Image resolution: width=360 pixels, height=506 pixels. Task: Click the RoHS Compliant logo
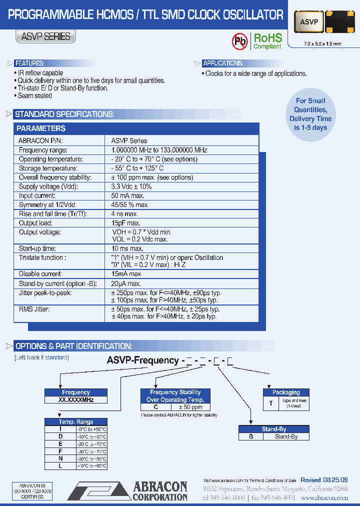pos(267,41)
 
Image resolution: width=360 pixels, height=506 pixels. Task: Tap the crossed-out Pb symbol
pos(240,42)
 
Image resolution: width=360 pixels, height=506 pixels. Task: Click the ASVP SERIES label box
pos(46,36)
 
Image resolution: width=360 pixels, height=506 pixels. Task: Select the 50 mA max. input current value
pos(127,195)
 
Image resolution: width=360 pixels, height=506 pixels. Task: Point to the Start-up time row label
pos(37,248)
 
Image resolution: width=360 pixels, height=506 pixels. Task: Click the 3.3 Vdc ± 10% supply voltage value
pos(131,186)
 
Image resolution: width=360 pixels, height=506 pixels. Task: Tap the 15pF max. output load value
pos(125,223)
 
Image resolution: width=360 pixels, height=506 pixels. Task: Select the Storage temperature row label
pos(48,168)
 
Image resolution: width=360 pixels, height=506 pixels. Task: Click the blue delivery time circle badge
pos(310,114)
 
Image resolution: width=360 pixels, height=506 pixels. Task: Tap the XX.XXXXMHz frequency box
pos(76,400)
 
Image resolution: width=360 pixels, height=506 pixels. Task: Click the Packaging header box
pos(286,392)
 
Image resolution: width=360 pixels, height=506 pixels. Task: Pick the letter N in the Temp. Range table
pos(60,458)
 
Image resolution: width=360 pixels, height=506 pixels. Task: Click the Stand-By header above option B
pos(274,429)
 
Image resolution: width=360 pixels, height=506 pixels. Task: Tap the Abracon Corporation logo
pos(128,490)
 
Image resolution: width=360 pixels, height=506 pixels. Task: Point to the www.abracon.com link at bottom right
pos(331,498)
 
